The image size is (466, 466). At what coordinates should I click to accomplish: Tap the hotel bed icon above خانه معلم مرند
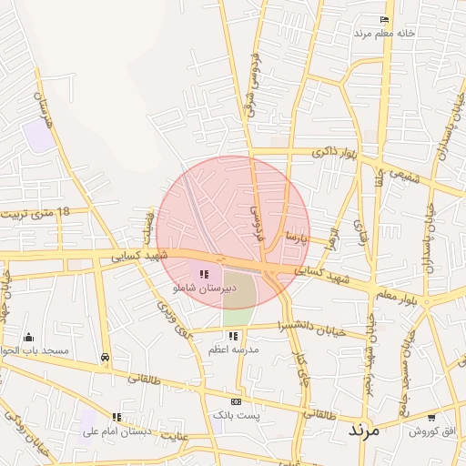pyautogui.click(x=385, y=20)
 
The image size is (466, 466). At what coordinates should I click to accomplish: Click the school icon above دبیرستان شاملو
pyautogui.click(x=204, y=273)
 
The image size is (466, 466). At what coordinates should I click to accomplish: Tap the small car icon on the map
pyautogui.click(x=106, y=357)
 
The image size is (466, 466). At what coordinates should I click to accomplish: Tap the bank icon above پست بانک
pyautogui.click(x=237, y=401)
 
